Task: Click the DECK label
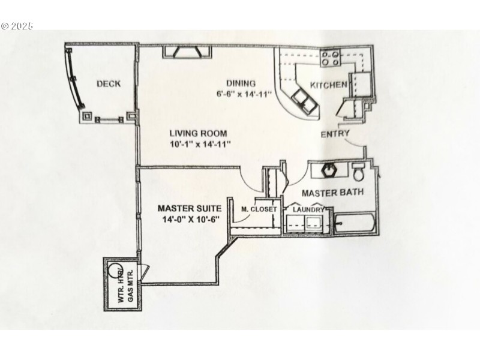pos(108,84)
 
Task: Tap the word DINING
pos(241,83)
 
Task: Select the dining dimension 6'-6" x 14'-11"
pos(244,94)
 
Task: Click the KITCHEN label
pos(328,85)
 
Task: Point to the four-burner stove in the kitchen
pos(330,59)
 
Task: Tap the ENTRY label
pos(335,133)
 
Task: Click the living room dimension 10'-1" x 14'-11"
pos(200,144)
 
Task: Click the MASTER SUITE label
pos(190,208)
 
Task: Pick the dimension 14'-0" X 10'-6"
pos(190,220)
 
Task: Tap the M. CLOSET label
pos(259,209)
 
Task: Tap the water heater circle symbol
pos(113,271)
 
